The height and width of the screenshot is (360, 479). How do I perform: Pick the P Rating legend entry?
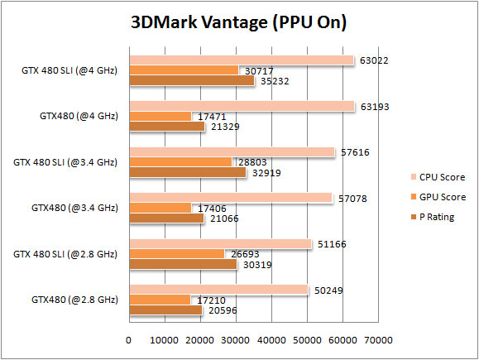(437, 217)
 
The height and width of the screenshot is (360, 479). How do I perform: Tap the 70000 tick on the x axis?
(379, 340)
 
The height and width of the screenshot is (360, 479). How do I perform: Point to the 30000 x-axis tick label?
(236, 340)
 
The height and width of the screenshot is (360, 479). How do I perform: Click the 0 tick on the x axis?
(128, 340)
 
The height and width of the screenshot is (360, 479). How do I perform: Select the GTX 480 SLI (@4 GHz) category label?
(69, 70)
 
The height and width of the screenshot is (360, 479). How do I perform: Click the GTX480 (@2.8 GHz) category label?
(74, 299)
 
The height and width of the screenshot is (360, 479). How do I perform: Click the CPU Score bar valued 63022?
(241, 60)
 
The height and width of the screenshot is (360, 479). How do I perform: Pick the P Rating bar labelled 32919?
(187, 172)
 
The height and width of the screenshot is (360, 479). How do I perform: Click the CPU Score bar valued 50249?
(218, 289)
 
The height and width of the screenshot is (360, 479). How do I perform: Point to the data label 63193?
(373, 106)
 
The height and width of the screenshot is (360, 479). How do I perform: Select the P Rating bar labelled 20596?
(165, 310)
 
